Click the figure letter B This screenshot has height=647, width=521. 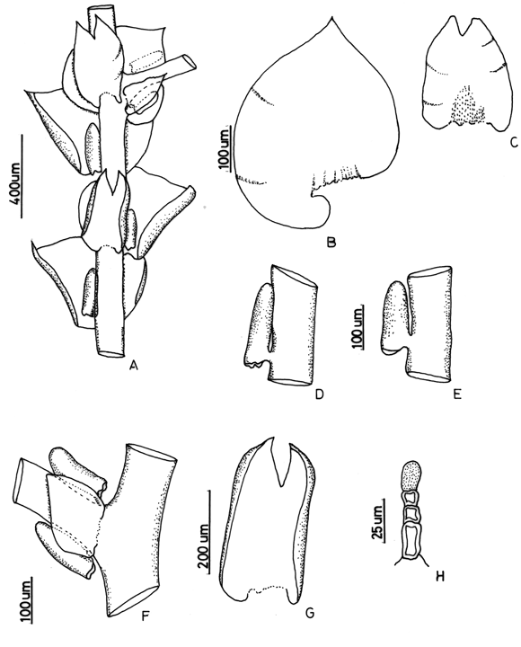(331, 242)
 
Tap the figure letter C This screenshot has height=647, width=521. (513, 142)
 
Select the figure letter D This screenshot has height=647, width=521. (319, 394)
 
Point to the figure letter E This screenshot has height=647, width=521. (456, 394)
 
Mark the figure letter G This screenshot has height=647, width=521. (309, 613)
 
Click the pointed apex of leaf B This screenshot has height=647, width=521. (331, 18)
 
